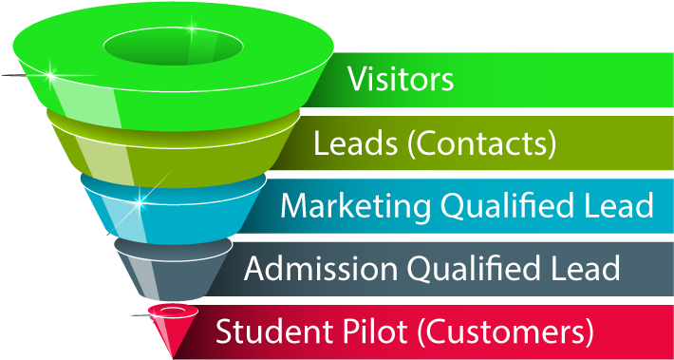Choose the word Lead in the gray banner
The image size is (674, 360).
click(x=583, y=269)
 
